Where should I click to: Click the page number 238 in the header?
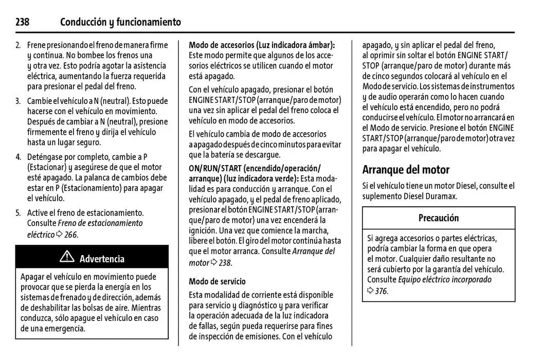tap(23, 22)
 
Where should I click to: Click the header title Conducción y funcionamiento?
tap(120, 22)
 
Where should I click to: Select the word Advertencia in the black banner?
tap(102, 259)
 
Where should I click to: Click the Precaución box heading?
tap(438, 218)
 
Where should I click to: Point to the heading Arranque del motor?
tap(406, 170)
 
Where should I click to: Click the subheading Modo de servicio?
tap(217, 281)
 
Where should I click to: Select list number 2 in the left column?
tap(18, 45)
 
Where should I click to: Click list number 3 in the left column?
tap(18, 101)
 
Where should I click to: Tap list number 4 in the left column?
tap(18, 157)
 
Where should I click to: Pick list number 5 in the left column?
tap(18, 212)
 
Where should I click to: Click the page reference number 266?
tap(71, 235)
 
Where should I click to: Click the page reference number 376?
tap(381, 291)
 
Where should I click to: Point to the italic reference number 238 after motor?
tap(225, 263)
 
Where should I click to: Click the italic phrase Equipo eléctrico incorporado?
tap(445, 280)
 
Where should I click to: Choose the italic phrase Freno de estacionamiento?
tap(100, 223)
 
